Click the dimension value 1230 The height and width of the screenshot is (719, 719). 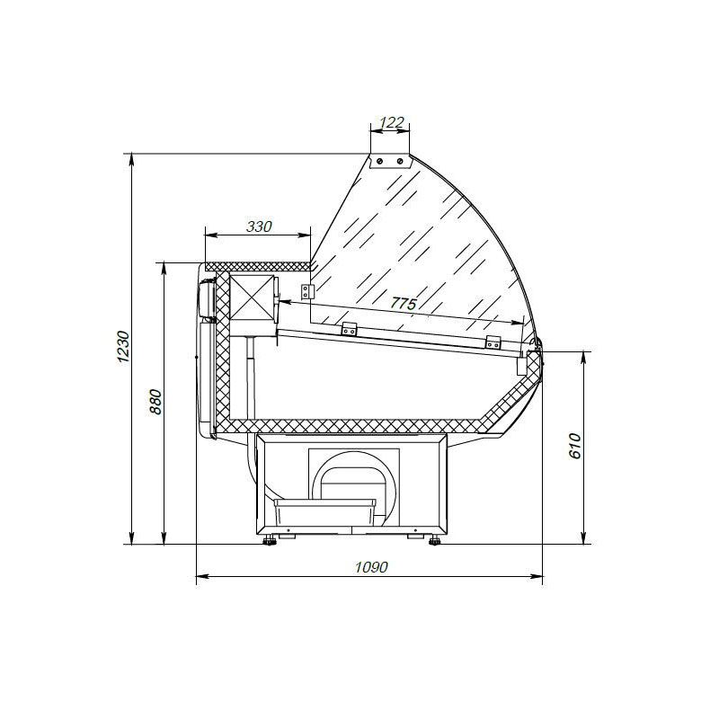coord(123,346)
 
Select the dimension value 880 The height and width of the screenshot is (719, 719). coord(155,402)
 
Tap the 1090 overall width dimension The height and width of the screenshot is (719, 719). coord(371,567)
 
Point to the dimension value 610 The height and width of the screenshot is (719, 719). coord(575,446)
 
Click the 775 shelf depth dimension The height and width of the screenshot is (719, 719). coord(404,303)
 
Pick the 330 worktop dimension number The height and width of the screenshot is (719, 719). coord(259,226)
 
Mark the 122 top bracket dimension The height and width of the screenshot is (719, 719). coord(392,122)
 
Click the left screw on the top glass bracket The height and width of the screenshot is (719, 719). coord(380,161)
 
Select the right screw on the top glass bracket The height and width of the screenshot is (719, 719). coord(400,161)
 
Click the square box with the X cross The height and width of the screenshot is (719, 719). coord(252,298)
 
